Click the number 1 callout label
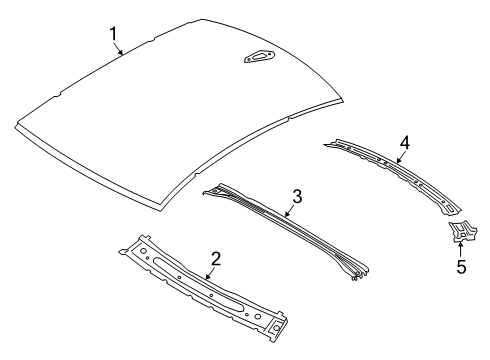tap(114, 37)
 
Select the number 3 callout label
tap(296, 195)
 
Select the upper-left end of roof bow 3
tap(207, 187)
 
